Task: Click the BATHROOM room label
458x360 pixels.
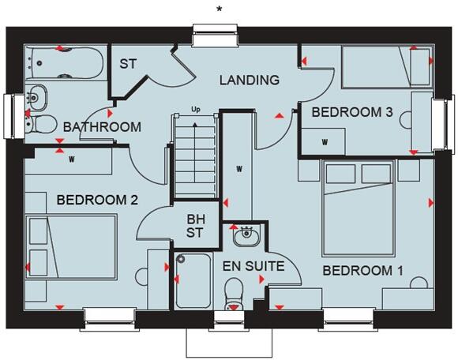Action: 103,127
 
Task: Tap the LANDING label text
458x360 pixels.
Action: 250,80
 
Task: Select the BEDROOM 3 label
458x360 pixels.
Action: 352,112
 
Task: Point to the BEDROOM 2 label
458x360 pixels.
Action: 98,201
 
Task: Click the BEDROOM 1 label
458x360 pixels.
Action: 363,271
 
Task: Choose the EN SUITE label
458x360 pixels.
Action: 253,266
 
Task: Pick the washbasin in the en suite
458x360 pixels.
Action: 244,234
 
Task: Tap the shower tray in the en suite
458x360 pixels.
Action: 193,280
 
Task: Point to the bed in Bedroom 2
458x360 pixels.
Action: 72,245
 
